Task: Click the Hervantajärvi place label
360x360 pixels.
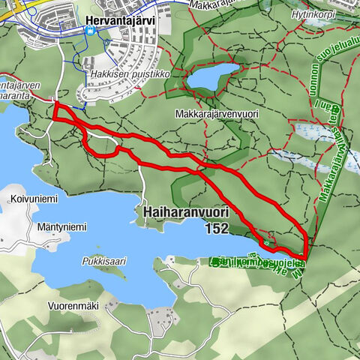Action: tap(119, 20)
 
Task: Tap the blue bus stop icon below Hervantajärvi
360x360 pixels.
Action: tap(91, 31)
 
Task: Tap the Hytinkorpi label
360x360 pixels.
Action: tap(312, 13)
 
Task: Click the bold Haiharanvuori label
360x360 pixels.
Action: tap(184, 214)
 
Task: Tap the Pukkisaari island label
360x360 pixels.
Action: tap(103, 262)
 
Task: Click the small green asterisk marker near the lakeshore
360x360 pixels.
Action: tap(265, 242)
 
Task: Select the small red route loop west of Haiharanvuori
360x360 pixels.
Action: tap(101, 145)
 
